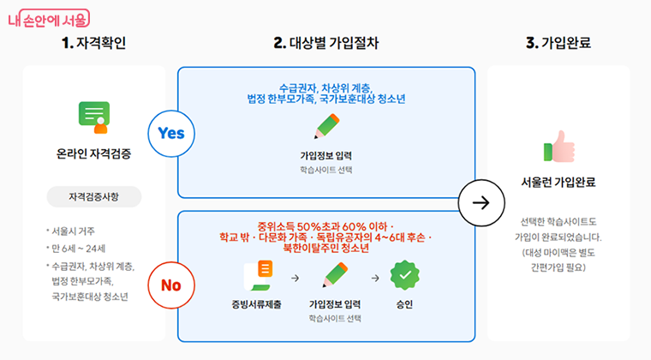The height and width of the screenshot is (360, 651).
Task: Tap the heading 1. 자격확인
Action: [x=94, y=43]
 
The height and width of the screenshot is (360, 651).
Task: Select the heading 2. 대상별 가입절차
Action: [x=325, y=43]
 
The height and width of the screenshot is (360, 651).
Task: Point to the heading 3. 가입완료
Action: [x=558, y=43]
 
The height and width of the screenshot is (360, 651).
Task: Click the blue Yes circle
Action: [x=171, y=134]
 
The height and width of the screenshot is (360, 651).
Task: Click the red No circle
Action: [x=171, y=285]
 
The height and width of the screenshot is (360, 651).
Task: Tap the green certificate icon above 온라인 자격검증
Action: [x=94, y=117]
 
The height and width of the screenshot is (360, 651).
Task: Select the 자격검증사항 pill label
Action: [x=94, y=197]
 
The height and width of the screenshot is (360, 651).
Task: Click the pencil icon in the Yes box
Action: [x=325, y=128]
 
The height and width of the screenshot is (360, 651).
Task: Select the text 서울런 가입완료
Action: [x=558, y=182]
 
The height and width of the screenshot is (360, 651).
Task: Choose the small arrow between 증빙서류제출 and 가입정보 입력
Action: [x=295, y=278]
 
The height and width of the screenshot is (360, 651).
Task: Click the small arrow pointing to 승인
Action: [x=374, y=278]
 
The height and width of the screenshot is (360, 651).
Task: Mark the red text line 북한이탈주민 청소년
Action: [x=325, y=249]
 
